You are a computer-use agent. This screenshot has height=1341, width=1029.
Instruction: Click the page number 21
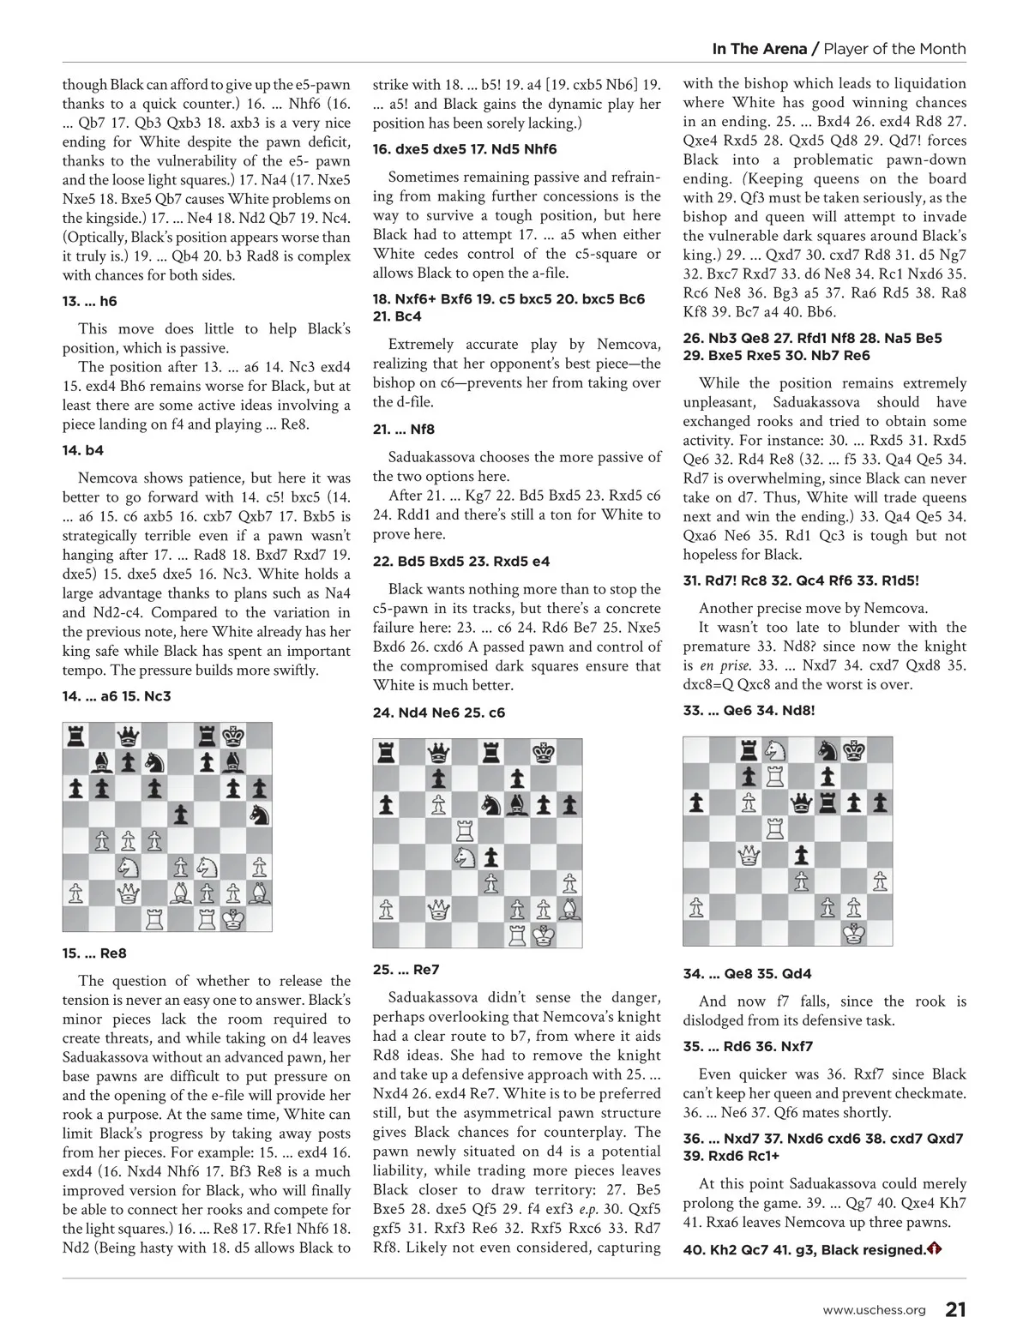[x=955, y=1309]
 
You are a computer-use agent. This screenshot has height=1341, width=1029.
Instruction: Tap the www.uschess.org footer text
[x=874, y=1310]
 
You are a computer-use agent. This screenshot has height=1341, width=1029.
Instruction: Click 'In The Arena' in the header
[x=760, y=49]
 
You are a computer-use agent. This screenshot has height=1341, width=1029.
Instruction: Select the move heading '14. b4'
[x=83, y=450]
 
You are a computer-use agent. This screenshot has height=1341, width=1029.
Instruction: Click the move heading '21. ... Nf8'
[x=404, y=430]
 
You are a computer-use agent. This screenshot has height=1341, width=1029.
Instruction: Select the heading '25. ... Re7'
[x=406, y=970]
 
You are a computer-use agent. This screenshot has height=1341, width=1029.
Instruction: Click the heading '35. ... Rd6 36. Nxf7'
[x=748, y=1046]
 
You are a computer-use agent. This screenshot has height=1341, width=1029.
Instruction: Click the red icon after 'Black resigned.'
[x=934, y=1249]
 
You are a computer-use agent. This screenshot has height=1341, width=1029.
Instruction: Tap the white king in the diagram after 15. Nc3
[x=232, y=918]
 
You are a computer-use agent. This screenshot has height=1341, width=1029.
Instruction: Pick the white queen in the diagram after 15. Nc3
[x=129, y=893]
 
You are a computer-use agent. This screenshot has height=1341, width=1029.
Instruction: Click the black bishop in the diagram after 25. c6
[x=517, y=804]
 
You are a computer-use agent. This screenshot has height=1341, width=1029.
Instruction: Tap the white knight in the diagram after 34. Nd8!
[x=775, y=750]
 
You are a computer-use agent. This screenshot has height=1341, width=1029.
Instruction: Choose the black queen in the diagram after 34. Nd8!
[x=801, y=803]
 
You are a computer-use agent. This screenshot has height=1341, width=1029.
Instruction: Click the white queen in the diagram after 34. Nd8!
[x=749, y=855]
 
